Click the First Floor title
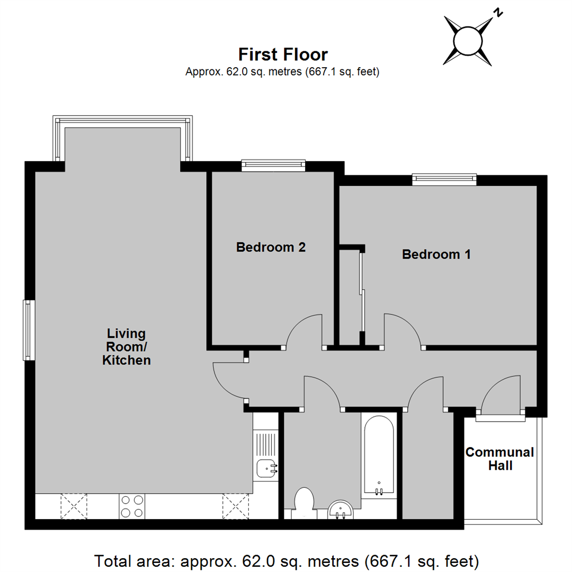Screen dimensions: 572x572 (283, 55)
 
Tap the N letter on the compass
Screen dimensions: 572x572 (498, 13)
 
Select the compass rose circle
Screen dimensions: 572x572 (468, 41)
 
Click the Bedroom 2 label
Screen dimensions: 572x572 (271, 247)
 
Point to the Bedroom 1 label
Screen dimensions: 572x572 (436, 254)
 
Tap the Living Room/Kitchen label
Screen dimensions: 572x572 (126, 347)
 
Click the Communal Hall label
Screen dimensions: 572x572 (500, 459)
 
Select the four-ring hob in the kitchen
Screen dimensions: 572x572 (132, 506)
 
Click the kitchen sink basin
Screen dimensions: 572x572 (266, 469)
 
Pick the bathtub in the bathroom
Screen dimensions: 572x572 (379, 455)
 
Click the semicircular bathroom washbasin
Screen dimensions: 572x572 (341, 510)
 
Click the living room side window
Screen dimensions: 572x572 (29, 330)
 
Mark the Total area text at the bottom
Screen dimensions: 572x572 (287, 561)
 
